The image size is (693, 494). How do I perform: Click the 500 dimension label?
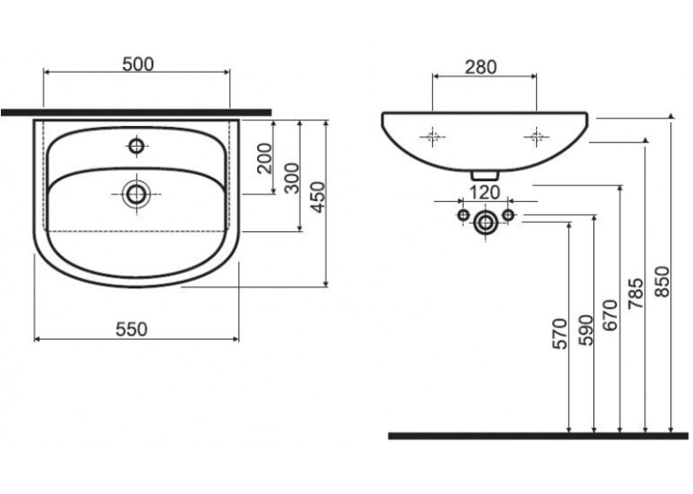coord(138,64)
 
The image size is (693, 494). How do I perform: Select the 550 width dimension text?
coord(131,329)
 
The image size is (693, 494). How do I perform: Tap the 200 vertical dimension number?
coord(265,158)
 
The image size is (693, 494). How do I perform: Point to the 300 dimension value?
coord(292,178)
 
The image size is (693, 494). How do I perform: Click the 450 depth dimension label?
coord(318,198)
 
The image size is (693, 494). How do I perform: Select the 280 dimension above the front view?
coord(481,67)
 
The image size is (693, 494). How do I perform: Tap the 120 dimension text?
coord(485,193)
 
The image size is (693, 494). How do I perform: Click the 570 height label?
coord(560,334)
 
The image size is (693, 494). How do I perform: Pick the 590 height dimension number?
coord(585,330)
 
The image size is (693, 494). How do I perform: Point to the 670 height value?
coord(611,315)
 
